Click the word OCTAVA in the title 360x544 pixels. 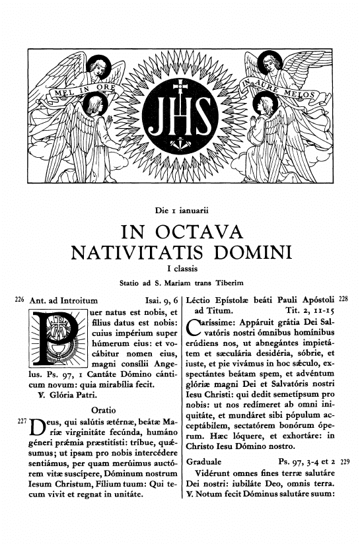(x=209, y=232)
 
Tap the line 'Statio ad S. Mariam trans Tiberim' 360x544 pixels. (x=180, y=283)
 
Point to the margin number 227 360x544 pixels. (x=19, y=420)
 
